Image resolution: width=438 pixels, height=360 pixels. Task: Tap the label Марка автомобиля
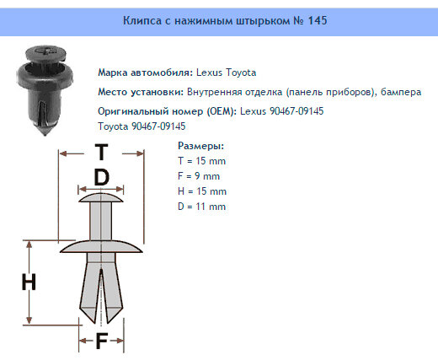[146, 73]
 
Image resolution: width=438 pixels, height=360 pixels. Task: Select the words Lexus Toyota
[226, 73]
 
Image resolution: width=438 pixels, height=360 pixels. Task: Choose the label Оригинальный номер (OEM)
[168, 110]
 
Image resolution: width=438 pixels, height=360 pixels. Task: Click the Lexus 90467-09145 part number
[282, 110]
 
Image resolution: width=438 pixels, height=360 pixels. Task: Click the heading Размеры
[200, 146]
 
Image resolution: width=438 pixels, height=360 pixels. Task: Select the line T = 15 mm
[202, 161]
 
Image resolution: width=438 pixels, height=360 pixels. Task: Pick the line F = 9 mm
[199, 176]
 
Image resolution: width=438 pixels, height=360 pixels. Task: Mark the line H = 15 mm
[203, 191]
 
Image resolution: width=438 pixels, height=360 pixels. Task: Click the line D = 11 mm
[203, 207]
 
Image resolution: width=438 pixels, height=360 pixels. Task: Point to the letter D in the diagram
[101, 178]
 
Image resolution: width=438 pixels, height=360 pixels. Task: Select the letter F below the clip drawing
[101, 341]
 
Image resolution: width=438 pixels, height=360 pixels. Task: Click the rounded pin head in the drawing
[101, 200]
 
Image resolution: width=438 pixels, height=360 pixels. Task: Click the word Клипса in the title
[142, 19]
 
